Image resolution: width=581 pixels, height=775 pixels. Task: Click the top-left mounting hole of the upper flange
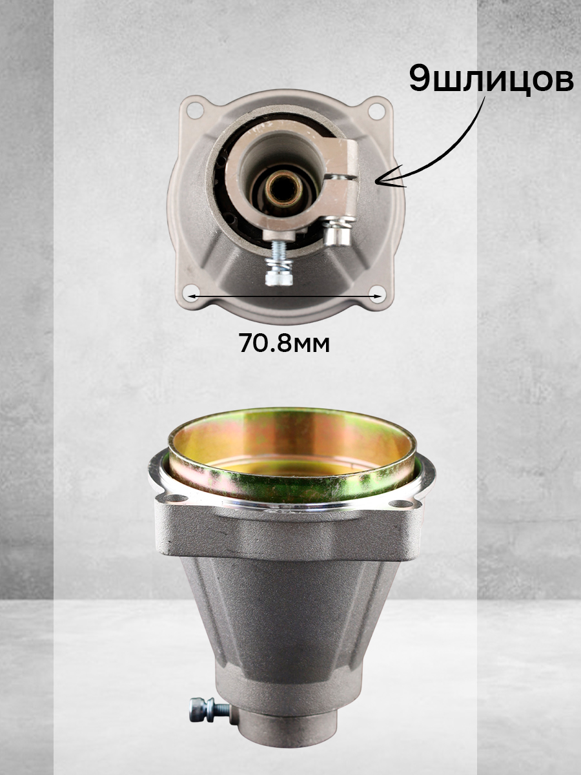[195, 110]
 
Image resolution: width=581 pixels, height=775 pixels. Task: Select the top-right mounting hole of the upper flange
[376, 110]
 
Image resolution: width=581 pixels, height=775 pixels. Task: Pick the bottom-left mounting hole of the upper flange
[192, 293]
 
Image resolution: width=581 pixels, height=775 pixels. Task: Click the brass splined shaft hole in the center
[284, 188]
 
